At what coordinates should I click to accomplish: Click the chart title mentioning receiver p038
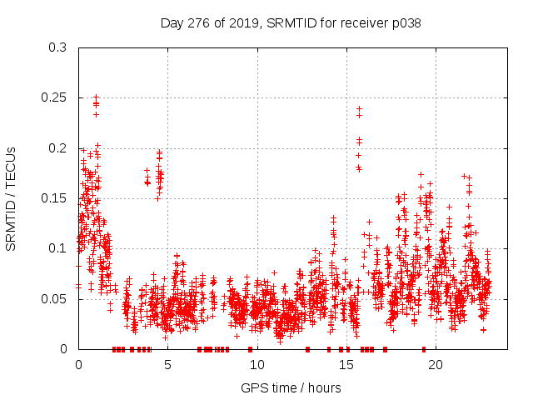[x=291, y=23]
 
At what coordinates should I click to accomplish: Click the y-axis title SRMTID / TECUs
[x=11, y=198]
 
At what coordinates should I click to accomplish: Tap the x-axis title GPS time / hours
[x=291, y=387]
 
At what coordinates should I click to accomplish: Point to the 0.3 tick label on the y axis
[x=57, y=47]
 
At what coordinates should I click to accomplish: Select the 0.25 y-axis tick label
[x=54, y=97]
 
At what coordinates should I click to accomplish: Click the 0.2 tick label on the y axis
[x=57, y=148]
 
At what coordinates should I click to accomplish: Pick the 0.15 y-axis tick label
[x=54, y=198]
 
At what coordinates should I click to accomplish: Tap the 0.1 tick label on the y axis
[x=57, y=248]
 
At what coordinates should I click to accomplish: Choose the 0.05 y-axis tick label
[x=54, y=298]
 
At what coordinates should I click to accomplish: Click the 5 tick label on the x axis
[x=167, y=364]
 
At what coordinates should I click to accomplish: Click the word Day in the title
[x=172, y=23]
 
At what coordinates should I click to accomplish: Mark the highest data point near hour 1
[x=96, y=97]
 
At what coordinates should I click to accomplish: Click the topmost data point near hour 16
[x=359, y=108]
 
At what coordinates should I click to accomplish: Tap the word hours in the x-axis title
[x=323, y=387]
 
